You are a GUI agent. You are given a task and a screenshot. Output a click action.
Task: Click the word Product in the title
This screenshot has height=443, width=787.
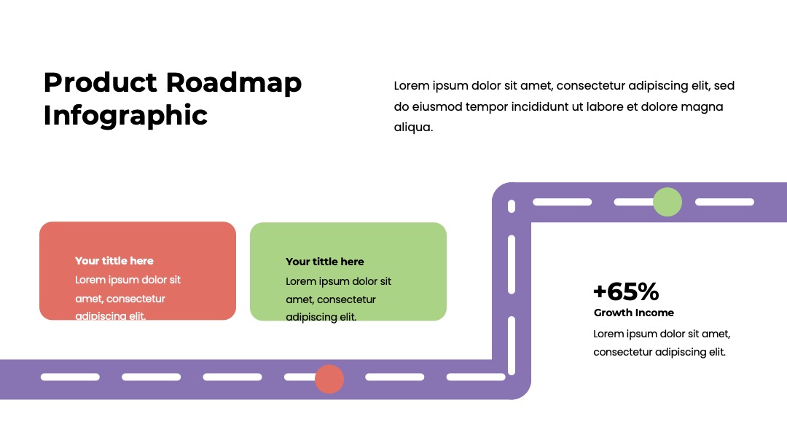(101, 82)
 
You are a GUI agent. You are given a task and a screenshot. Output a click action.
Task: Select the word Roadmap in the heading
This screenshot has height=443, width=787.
(234, 84)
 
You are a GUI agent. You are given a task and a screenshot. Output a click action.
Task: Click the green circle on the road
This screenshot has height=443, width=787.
(667, 202)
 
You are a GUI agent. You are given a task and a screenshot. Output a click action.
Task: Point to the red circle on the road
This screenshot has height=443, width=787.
(329, 379)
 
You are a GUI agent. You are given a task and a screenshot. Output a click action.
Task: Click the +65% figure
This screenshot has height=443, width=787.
(626, 291)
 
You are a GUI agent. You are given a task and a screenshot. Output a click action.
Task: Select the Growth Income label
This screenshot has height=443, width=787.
(634, 313)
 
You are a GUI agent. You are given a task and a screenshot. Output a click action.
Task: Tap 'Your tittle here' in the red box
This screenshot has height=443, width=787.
(114, 261)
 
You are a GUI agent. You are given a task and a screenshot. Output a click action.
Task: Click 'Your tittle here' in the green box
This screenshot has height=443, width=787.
(325, 262)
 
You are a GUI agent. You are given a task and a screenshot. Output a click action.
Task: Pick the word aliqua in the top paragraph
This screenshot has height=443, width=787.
(413, 128)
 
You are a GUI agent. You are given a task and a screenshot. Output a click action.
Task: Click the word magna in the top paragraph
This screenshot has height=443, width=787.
(705, 107)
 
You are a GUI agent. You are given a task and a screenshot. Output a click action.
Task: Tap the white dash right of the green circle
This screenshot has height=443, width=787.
(725, 202)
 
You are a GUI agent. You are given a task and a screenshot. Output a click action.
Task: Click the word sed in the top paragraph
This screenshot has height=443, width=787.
(724, 86)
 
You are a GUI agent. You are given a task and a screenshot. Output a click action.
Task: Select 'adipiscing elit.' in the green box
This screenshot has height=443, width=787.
(321, 317)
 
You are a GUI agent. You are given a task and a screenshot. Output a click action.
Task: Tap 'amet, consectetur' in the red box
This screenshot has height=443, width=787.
(120, 299)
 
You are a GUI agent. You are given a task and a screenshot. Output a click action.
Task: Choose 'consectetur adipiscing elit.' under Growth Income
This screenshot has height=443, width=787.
(659, 352)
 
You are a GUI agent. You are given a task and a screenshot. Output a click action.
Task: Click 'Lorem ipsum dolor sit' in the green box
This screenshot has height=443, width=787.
(338, 281)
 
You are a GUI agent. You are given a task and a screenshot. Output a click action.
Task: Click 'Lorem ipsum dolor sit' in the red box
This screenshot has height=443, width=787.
(128, 280)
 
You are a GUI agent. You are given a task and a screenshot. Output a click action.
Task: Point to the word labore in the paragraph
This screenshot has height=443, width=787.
(604, 107)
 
